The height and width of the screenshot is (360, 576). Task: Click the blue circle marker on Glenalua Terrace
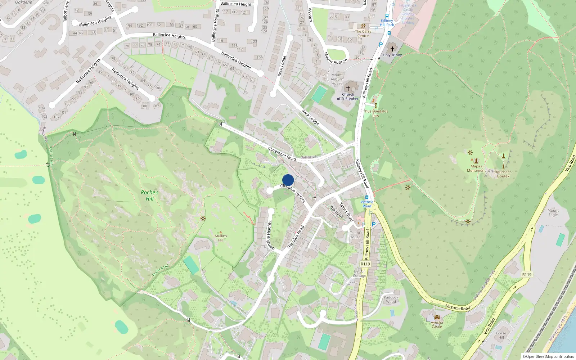288,180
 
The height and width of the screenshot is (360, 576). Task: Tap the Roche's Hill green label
149,195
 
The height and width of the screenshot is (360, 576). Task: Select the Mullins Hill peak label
221,238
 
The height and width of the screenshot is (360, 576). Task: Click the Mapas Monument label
476,168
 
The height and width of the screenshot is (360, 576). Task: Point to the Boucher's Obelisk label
503,174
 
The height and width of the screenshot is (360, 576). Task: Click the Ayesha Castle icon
437,317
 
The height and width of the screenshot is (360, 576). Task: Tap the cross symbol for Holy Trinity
392,49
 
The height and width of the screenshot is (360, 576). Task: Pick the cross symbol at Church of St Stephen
348,88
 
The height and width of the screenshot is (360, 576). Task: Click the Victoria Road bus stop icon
367,197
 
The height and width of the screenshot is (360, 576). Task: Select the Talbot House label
355,235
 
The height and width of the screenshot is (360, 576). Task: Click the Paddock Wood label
391,300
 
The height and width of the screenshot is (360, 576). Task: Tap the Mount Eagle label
553,212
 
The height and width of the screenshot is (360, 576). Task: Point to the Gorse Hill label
501,335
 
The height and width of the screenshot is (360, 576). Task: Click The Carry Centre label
363,33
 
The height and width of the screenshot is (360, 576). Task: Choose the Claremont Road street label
282,154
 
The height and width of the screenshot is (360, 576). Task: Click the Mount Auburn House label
337,79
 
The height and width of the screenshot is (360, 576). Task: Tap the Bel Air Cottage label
359,274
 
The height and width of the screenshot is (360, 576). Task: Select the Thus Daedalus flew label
375,113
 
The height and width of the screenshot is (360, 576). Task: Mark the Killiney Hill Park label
387,23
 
